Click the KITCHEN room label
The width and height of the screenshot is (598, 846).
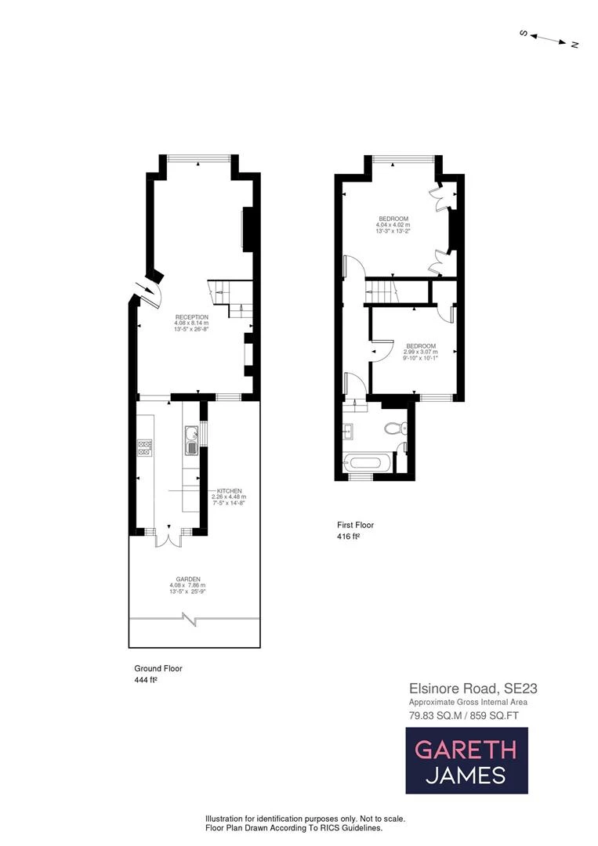[x=229, y=490]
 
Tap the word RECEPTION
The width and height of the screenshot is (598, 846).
[x=191, y=316]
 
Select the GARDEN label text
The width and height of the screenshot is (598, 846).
[x=184, y=579]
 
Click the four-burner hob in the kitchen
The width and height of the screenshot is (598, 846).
[x=144, y=447]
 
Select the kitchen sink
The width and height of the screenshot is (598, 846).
[x=190, y=438]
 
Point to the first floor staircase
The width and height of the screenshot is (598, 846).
[x=385, y=291]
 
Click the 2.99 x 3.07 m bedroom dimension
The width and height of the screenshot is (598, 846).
[x=420, y=352]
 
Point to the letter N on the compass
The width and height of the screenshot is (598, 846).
[x=574, y=45]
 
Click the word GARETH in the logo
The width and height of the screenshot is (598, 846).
[x=466, y=750]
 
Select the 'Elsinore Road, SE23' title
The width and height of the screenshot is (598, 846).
[x=473, y=689]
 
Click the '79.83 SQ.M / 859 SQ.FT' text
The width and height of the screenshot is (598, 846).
[x=463, y=714]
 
